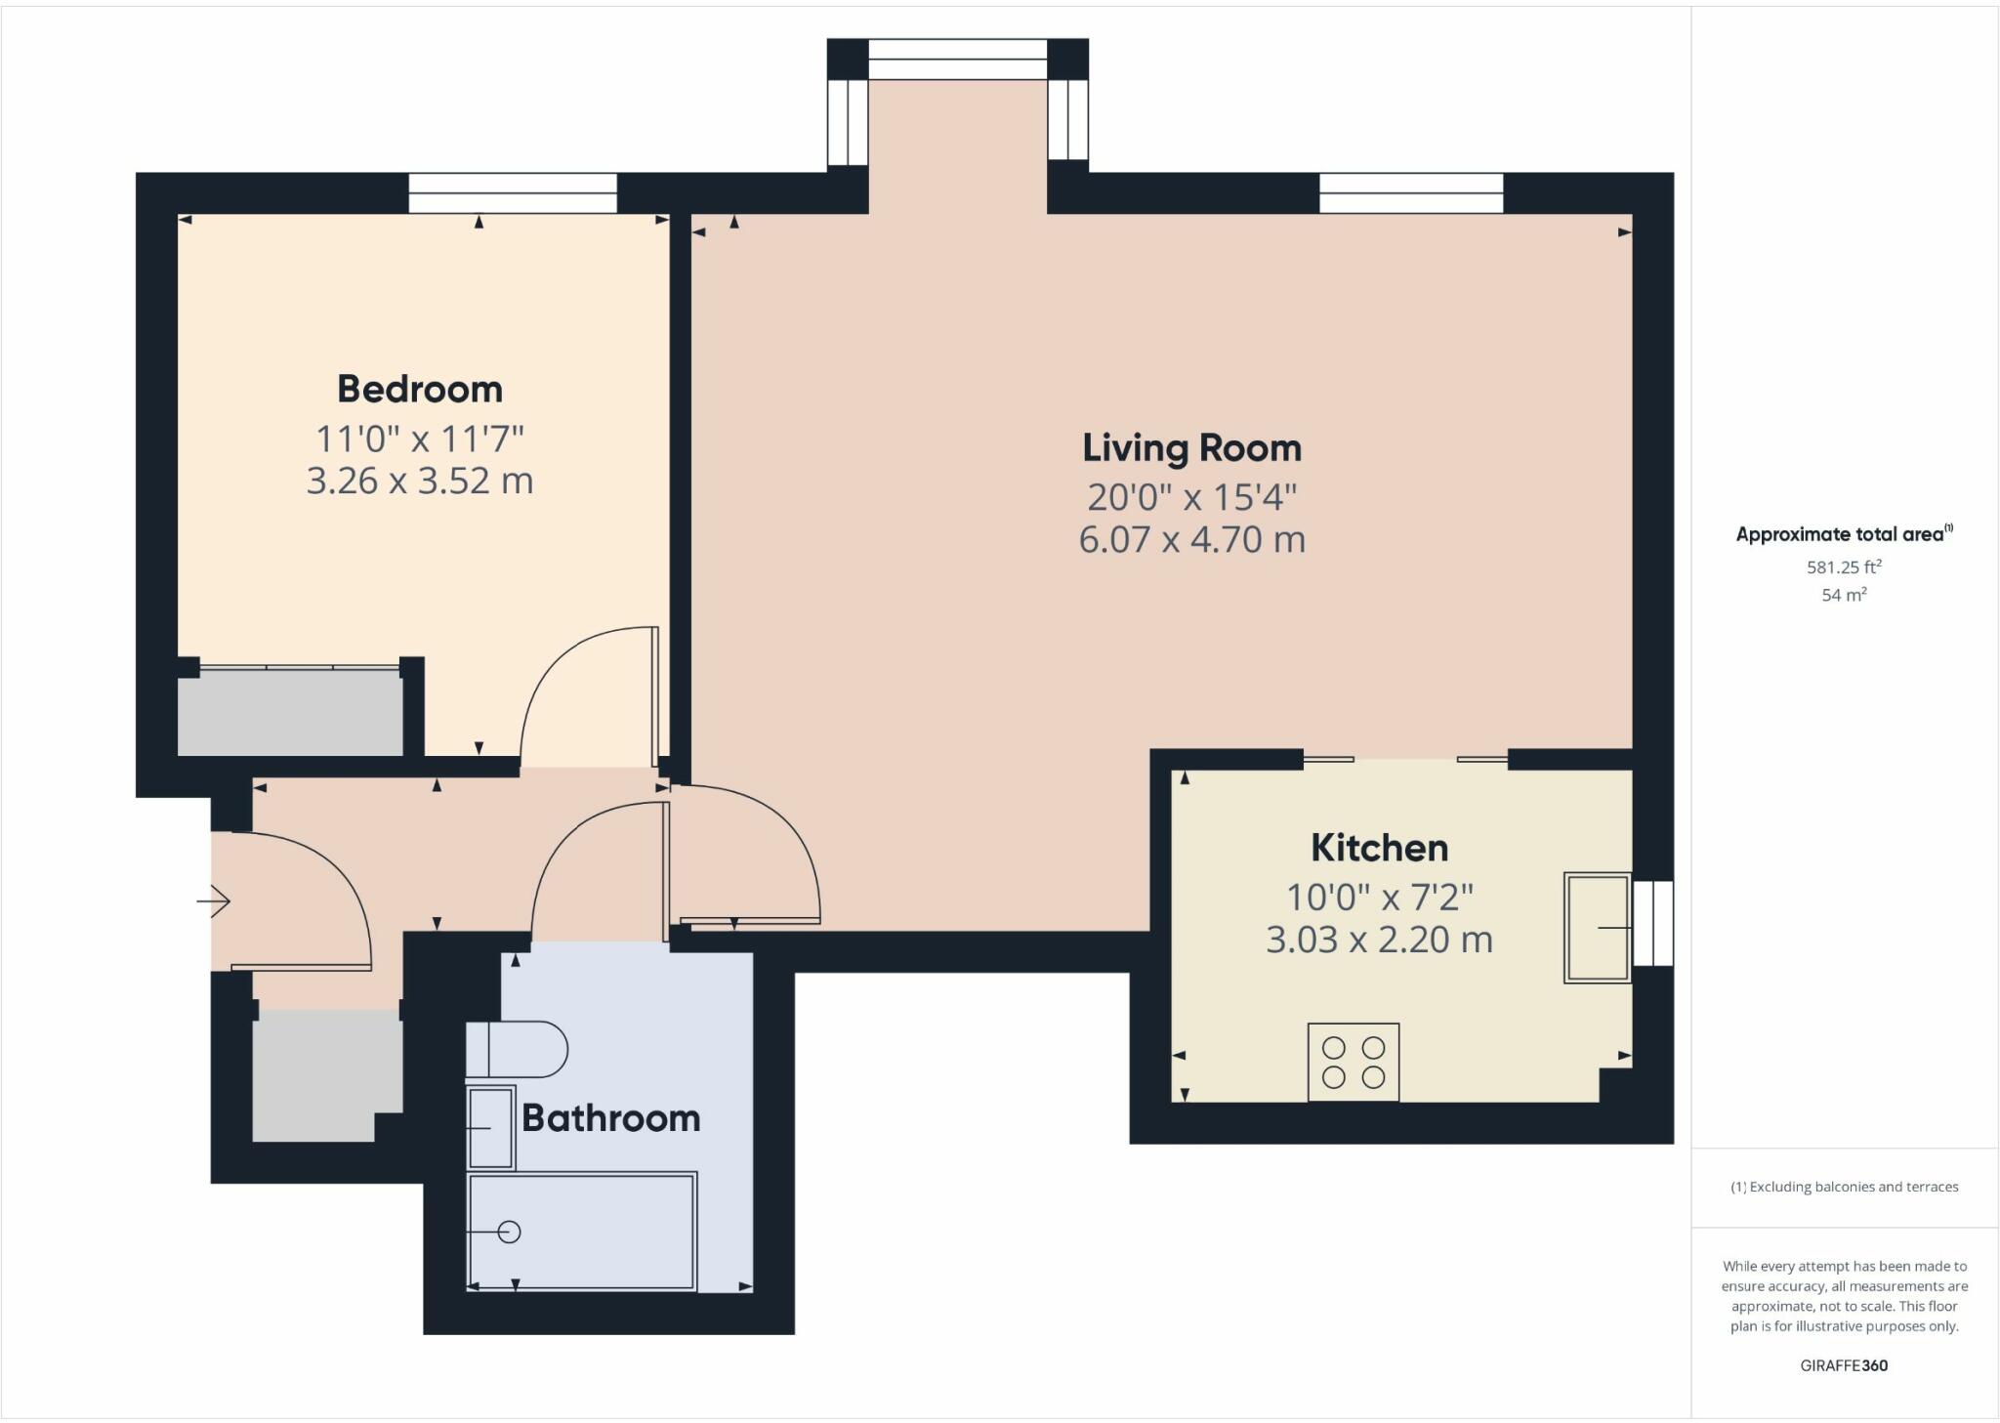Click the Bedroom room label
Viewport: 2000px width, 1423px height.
click(x=420, y=390)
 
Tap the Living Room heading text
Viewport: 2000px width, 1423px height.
click(x=1191, y=448)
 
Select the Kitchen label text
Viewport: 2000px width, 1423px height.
click(x=1379, y=848)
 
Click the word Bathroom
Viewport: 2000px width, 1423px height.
click(x=610, y=1118)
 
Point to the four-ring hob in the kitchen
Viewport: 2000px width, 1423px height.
click(x=1353, y=1063)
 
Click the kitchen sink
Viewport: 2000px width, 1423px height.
click(x=1597, y=927)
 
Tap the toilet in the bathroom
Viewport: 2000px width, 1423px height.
click(x=517, y=1049)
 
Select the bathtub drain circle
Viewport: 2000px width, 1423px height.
click(x=509, y=1233)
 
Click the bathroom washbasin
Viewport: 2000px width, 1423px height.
click(x=490, y=1128)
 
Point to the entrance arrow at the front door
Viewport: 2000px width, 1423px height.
click(x=214, y=900)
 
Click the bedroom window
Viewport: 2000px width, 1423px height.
click(x=512, y=192)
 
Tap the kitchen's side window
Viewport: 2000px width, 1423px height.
click(x=1652, y=923)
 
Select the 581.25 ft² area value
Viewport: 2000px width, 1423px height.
click(x=1844, y=566)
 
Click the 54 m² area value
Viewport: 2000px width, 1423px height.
click(x=1844, y=595)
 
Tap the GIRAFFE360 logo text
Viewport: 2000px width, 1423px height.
click(x=1844, y=1365)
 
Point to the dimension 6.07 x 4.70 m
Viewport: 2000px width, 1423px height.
click(x=1191, y=540)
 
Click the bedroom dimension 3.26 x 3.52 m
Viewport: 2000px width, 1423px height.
click(x=420, y=481)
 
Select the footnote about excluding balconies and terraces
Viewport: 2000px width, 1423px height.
click(x=1844, y=1187)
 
